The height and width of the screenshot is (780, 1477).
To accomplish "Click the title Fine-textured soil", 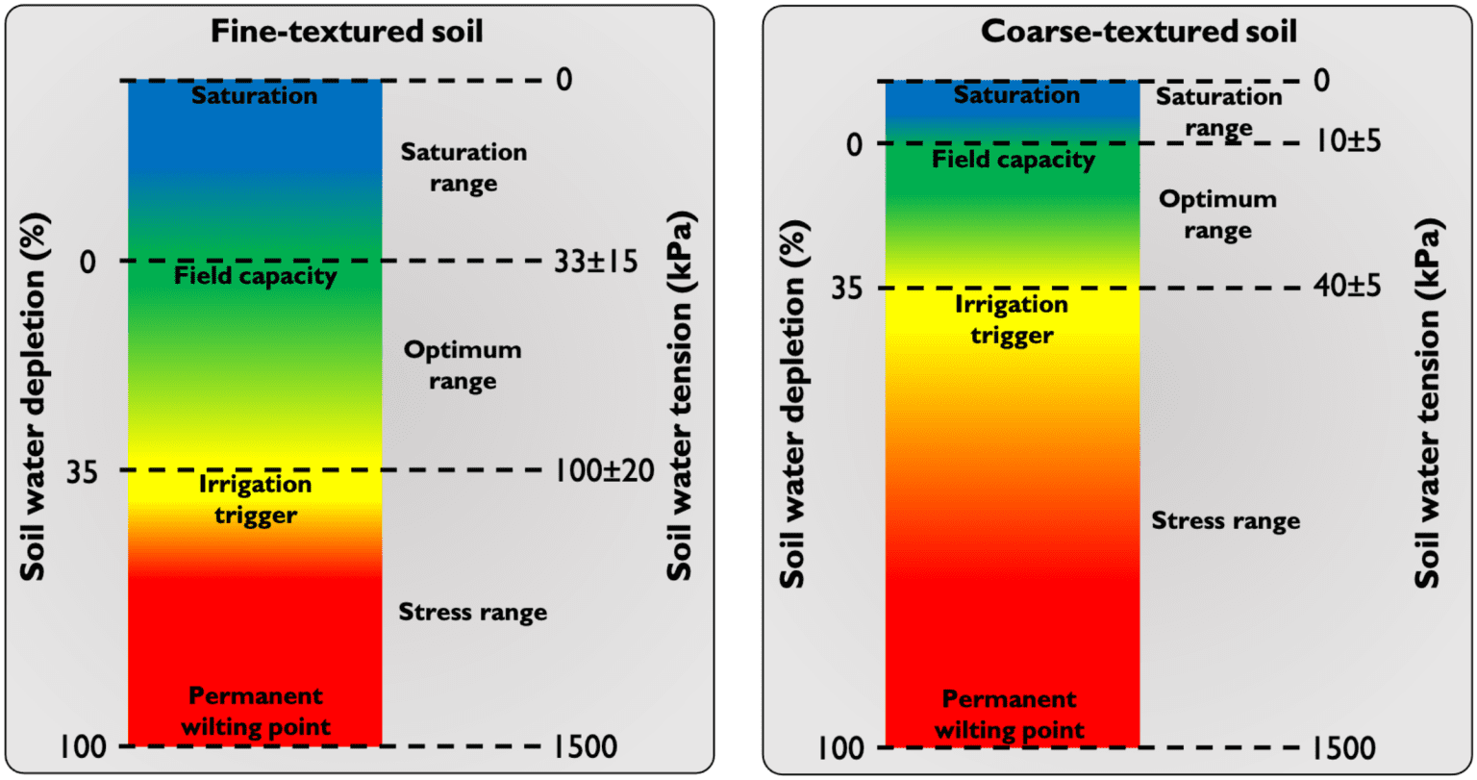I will pos(347,31).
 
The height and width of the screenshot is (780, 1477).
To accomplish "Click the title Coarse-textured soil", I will pos(1139,31).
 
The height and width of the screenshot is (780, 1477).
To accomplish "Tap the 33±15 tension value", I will pos(596,261).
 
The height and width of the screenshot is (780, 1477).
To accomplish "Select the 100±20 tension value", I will pos(604,470).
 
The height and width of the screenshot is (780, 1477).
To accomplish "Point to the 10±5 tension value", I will pos(1346,141).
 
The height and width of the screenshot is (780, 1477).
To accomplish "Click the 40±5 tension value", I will pos(1346,286).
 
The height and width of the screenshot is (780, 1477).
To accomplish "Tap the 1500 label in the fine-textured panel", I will pos(586,746).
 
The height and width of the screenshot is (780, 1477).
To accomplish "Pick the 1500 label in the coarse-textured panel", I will pos(1343,747).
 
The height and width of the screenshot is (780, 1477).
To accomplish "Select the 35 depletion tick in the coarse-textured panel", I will pos(841,289).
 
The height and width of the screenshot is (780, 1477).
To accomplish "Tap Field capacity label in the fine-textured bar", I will pos(256,277).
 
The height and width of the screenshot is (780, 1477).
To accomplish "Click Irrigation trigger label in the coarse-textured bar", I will pos(1012,320).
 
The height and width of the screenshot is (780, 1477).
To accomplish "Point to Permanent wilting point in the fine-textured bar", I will pos(256,711).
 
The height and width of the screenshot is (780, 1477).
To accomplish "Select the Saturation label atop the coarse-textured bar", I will pos(1016,95).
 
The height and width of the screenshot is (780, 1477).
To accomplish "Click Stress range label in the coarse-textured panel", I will pos(1226,521).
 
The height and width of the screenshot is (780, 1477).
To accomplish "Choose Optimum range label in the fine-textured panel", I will pos(463,365).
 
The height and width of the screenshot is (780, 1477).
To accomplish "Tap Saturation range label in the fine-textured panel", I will pos(463,167).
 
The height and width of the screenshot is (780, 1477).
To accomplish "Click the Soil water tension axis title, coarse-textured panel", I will pos(1428,404).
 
